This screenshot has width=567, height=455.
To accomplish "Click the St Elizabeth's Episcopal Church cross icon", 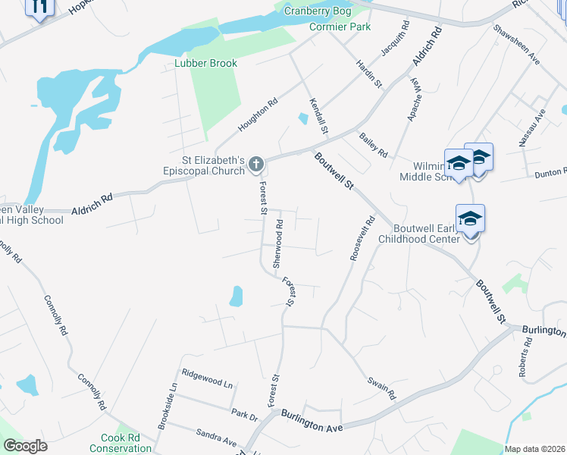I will (256, 164).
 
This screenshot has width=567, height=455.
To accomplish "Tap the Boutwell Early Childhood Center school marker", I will (470, 219).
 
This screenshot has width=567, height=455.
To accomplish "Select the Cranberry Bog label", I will (318, 11).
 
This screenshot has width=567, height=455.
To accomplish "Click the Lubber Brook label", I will (205, 63).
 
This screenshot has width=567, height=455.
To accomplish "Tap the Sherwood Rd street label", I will (278, 244).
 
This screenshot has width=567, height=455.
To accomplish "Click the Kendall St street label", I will (318, 116).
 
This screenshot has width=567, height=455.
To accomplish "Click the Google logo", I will (25, 446).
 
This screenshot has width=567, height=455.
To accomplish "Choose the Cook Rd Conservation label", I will (121, 443).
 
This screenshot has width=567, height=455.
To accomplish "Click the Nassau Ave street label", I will (540, 124).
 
